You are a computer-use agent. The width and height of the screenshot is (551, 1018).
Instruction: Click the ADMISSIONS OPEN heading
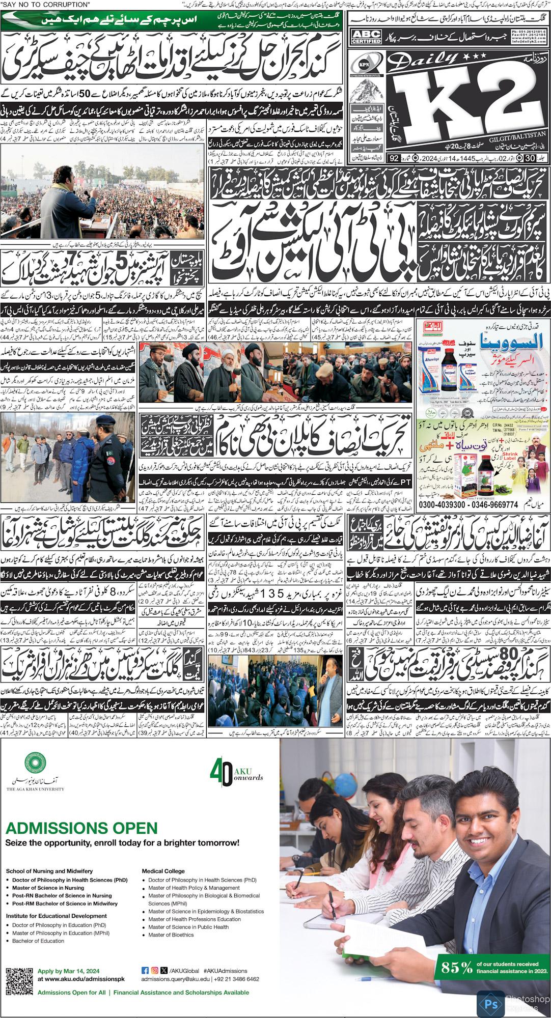pyautogui.click(x=81, y=828)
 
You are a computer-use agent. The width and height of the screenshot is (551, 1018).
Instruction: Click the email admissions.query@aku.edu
pyautogui.click(x=175, y=979)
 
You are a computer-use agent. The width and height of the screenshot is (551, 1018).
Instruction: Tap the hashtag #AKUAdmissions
pyautogui.click(x=225, y=971)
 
